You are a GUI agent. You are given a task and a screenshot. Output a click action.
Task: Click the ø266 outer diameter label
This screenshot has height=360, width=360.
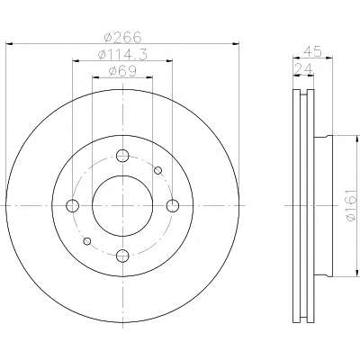click(x=122, y=37)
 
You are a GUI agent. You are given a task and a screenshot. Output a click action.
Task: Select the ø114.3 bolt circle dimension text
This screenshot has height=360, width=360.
click(x=122, y=54)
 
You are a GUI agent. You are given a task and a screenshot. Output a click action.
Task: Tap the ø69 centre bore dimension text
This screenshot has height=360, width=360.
click(x=122, y=71)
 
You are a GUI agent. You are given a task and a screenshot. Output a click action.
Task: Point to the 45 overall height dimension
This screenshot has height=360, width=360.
click(x=312, y=51)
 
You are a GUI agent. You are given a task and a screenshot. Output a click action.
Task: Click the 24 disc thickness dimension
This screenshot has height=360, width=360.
click(x=303, y=69)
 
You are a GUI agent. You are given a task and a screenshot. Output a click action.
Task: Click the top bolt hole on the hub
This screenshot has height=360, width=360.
click(x=122, y=156)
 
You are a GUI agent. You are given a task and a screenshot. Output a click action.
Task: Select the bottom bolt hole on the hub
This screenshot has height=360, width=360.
click(x=122, y=256)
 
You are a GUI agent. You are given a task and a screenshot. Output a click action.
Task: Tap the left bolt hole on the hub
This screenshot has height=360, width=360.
click(x=72, y=205)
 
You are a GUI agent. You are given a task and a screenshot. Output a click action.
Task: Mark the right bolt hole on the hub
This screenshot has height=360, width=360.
click(x=173, y=205)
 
